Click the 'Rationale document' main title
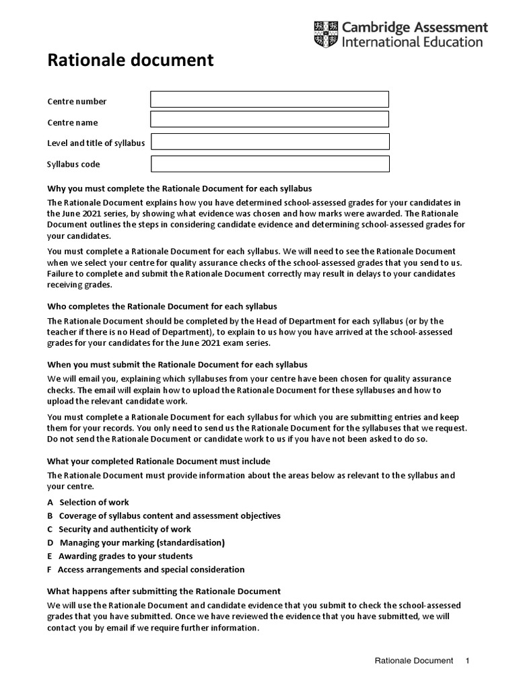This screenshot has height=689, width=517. tap(130, 61)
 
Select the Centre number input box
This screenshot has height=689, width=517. tap(269, 100)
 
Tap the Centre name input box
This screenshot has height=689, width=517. tap(269, 120)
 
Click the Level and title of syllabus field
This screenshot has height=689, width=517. tap(269, 141)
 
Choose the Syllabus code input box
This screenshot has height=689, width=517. tap(269, 164)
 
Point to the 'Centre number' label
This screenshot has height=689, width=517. tap(77, 102)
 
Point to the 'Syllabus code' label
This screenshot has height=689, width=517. tap(73, 164)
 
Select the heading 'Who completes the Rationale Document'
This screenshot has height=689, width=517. tap(162, 306)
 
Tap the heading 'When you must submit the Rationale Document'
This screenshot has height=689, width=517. tap(177, 364)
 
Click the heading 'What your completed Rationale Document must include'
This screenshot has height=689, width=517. tap(158, 461)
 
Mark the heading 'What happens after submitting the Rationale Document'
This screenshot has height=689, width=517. tap(164, 591)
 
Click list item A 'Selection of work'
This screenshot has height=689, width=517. tap(88, 502)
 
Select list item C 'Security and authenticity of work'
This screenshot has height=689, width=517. tap(118, 529)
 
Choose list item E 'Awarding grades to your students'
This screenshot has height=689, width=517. tap(119, 556)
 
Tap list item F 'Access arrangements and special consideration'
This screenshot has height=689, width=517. tap(145, 569)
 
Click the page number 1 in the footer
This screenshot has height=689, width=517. tap(467, 661)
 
